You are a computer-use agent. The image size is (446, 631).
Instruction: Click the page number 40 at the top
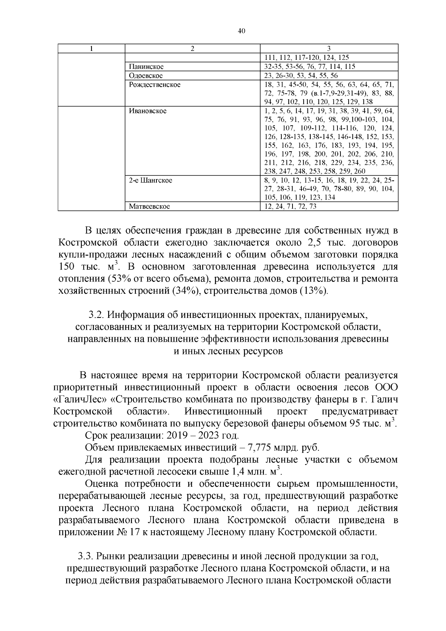[241, 31]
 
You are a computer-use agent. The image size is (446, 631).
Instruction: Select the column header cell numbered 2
[192, 49]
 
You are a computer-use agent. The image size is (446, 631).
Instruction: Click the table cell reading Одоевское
[146, 76]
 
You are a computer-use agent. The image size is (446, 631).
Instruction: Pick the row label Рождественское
[155, 85]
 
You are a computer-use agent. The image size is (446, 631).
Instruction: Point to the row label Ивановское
[148, 111]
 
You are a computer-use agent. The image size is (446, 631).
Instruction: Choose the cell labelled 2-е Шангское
[151, 180]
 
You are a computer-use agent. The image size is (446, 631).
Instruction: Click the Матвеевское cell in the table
[149, 206]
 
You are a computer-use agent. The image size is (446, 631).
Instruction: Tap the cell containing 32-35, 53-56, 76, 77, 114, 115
[309, 67]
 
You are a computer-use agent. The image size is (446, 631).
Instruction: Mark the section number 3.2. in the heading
[97, 315]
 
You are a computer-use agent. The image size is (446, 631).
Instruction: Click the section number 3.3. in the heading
[85, 556]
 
